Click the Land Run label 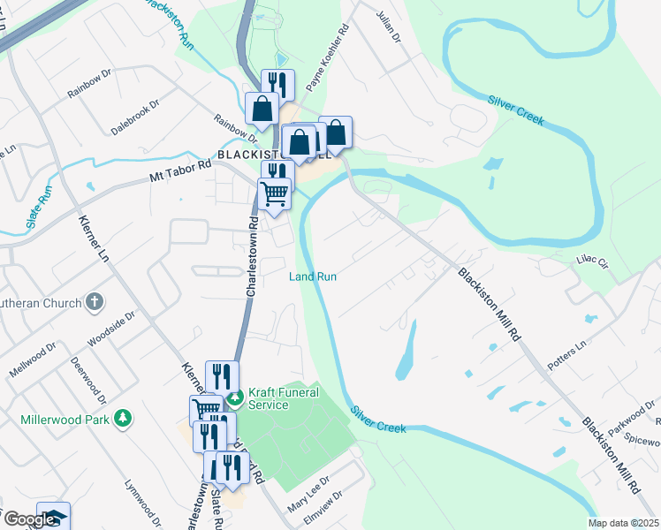313,276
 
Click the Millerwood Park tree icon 125,417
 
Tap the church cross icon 95,302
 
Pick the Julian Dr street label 388,26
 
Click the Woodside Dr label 110,329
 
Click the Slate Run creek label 39,207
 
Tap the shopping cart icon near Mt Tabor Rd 275,193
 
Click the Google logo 28,519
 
